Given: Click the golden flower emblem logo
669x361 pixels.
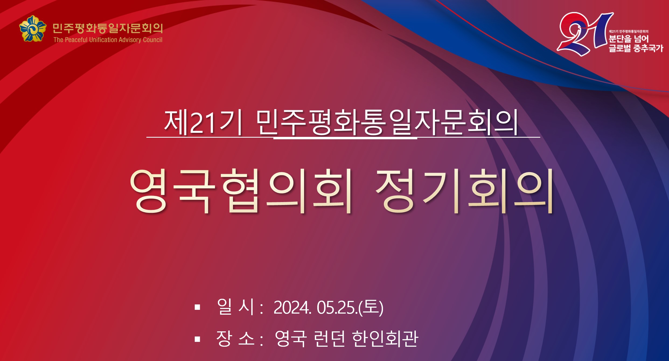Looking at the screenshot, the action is (x=33, y=29).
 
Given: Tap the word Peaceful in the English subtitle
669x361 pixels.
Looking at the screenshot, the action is (x=76, y=40).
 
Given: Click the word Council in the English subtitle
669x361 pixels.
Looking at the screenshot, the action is (x=152, y=40).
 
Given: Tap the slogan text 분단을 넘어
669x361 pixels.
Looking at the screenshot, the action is (x=629, y=39).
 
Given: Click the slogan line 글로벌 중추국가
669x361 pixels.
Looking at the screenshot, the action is (x=636, y=48).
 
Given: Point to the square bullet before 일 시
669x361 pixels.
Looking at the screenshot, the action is (x=197, y=307).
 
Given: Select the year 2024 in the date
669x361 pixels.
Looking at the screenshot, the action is (x=292, y=307).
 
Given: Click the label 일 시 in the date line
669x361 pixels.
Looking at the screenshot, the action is (x=236, y=307).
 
